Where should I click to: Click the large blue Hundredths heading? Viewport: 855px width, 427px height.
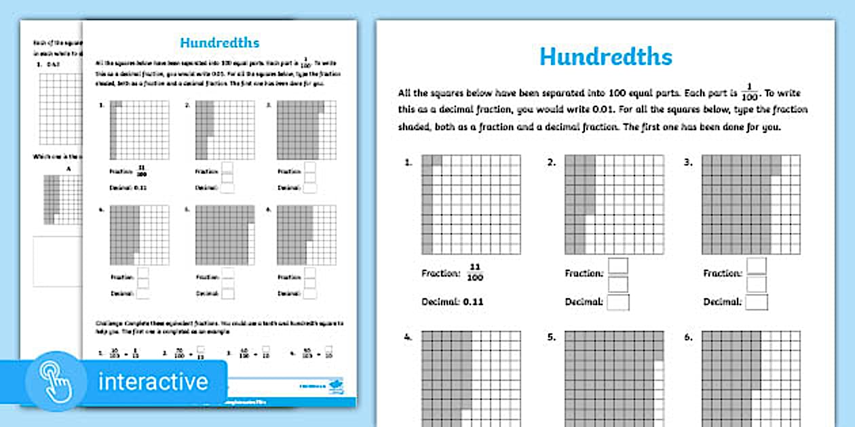click(605, 57)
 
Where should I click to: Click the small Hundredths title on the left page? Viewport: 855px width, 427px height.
click(219, 43)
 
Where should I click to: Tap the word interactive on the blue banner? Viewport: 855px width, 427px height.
click(153, 381)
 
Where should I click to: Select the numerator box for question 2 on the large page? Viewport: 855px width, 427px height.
click(617, 266)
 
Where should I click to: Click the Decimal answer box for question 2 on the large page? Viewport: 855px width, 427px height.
click(617, 302)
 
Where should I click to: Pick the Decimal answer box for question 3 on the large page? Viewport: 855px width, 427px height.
click(756, 302)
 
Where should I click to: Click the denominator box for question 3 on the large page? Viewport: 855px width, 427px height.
click(756, 283)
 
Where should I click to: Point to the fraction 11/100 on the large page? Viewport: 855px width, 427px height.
click(475, 272)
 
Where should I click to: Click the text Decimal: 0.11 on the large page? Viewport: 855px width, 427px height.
click(453, 302)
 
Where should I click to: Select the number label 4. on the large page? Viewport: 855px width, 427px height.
click(408, 337)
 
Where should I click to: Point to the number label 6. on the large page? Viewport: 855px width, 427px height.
click(688, 337)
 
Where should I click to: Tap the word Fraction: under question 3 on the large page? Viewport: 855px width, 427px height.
click(722, 273)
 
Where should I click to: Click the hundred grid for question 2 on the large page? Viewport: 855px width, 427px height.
click(614, 204)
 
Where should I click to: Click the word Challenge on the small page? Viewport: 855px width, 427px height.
click(108, 324)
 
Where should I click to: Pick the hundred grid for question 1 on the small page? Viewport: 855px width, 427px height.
click(139, 130)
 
